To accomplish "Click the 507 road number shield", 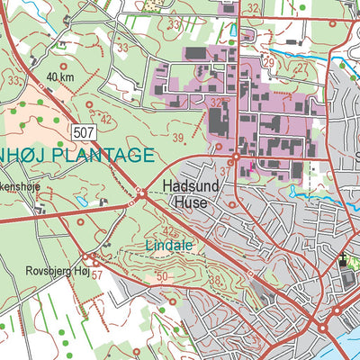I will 84,132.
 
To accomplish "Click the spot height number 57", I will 97,273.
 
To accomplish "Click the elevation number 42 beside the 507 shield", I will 105,119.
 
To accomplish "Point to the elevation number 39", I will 178,137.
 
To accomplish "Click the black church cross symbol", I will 343,263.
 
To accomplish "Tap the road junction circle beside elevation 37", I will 235,158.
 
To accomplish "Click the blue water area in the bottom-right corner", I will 346,344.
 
